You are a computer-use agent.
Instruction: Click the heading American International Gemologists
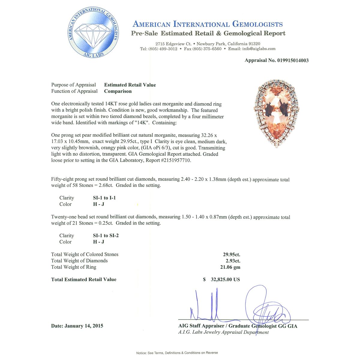(208, 24)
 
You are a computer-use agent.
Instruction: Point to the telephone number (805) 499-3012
(163, 49)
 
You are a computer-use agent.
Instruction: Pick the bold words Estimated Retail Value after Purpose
(130, 85)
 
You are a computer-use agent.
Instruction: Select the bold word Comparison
(118, 91)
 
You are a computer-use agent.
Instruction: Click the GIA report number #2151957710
(176, 160)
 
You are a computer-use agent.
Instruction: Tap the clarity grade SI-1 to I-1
(104, 198)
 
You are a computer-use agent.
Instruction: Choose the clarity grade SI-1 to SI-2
(106, 235)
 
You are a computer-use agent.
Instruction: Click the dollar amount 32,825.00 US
(225, 279)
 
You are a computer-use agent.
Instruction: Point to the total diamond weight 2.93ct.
(233, 261)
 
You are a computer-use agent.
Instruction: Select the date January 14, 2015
(84, 326)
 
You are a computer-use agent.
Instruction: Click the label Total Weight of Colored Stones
(85, 254)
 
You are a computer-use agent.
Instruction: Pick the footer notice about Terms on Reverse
(177, 353)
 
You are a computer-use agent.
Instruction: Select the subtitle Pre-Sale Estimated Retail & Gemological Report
(208, 33)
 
